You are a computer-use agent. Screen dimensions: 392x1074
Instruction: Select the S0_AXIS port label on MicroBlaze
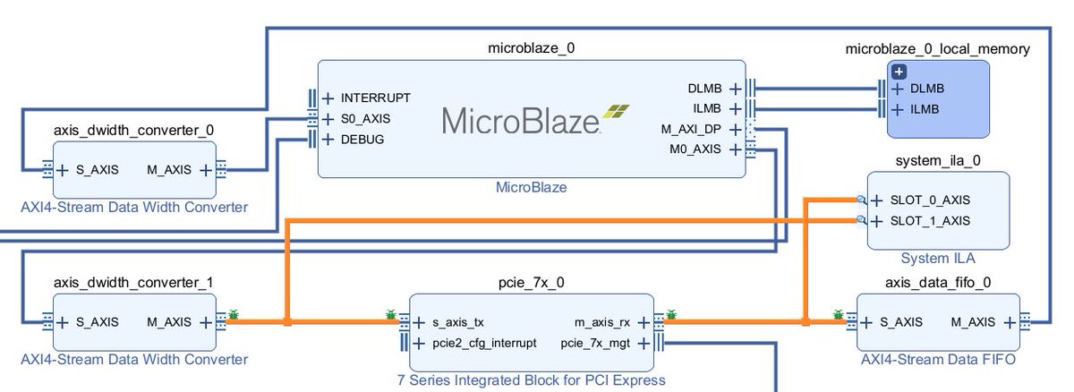click(365, 118)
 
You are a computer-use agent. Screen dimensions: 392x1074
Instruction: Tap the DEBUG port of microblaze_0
click(362, 140)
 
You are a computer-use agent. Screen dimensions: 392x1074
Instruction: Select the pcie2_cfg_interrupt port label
click(484, 342)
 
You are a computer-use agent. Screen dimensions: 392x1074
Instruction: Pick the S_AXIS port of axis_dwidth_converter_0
click(94, 170)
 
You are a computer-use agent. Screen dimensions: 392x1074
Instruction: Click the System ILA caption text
click(938, 258)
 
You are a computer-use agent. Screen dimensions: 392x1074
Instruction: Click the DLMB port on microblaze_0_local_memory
click(926, 89)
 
